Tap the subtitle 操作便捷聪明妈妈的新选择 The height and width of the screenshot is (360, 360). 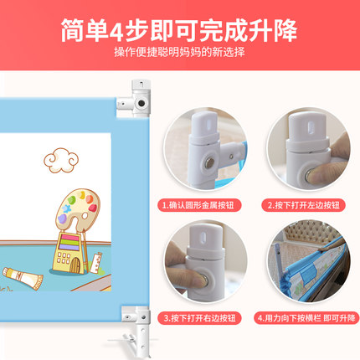(179, 52)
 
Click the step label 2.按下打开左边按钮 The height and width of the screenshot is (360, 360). (304, 205)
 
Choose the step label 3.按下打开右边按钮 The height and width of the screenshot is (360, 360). (199, 318)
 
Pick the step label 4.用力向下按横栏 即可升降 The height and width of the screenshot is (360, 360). (306, 318)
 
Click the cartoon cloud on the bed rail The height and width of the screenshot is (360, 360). (61, 160)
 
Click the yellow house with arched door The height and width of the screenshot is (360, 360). (69, 253)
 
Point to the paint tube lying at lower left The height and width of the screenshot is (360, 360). (23, 278)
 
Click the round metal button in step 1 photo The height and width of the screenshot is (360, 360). (210, 163)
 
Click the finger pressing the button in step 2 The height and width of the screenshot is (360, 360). (325, 173)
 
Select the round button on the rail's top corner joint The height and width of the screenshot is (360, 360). (141, 104)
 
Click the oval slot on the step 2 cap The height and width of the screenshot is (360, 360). (311, 127)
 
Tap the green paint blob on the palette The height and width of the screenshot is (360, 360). (72, 200)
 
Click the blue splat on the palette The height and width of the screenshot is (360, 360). (66, 208)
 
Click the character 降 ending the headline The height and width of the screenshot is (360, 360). (285, 31)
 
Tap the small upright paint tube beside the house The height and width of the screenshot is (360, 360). (96, 262)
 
